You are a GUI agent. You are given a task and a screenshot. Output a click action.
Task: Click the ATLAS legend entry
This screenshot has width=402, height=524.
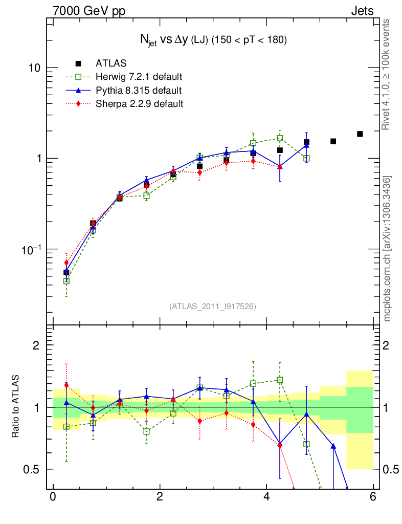pyautogui.click(x=111, y=63)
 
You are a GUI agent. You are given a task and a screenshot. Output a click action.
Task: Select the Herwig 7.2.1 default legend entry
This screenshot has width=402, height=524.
pyautogui.click(x=139, y=77)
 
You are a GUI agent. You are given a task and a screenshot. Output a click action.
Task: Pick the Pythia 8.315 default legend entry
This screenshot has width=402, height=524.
pyautogui.click(x=138, y=91)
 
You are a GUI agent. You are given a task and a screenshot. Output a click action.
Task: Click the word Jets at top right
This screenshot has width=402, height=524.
pyautogui.click(x=362, y=11)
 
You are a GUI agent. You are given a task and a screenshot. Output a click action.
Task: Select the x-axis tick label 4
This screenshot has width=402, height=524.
pyautogui.click(x=266, y=497)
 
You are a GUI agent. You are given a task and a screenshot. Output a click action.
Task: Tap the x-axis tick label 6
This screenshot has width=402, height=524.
pyautogui.click(x=373, y=497)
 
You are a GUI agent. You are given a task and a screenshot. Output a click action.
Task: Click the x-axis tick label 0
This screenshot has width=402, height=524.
pyautogui.click(x=53, y=497)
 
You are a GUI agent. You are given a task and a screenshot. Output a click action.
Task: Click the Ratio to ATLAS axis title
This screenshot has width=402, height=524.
pyautogui.click(x=16, y=407)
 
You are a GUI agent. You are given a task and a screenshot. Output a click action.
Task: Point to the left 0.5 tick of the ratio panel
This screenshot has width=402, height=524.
pyautogui.click(x=34, y=469)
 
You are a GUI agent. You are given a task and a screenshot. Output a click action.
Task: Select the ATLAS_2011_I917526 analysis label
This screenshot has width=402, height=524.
pyautogui.click(x=213, y=306)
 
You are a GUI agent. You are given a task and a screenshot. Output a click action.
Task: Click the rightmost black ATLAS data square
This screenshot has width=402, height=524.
pyautogui.click(x=360, y=134)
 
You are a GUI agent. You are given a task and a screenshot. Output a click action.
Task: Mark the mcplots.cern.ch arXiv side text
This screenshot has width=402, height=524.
pyautogui.click(x=388, y=249)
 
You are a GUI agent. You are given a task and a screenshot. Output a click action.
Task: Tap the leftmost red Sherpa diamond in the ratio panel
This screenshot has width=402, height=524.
pyautogui.click(x=66, y=385)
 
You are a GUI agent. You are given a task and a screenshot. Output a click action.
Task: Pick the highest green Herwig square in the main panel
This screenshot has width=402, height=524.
pyautogui.click(x=280, y=138)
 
